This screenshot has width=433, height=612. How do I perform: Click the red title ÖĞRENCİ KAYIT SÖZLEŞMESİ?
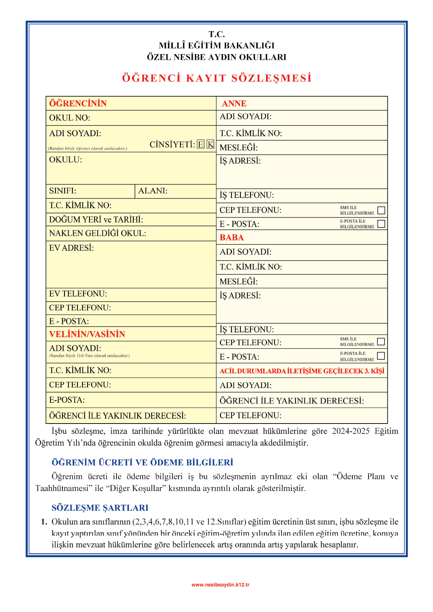click(217, 78)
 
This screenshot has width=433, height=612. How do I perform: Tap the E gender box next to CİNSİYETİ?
click(201, 144)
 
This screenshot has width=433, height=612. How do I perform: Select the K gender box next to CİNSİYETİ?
click(210, 144)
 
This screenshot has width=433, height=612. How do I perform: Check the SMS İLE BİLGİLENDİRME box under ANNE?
click(381, 210)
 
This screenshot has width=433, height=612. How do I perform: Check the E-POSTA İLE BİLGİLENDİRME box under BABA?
click(381, 356)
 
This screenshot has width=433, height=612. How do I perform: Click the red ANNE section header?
click(234, 104)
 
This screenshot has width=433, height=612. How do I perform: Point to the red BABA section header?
click(232, 238)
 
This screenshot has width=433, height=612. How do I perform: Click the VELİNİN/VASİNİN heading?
click(87, 334)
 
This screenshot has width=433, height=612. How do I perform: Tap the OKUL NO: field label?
click(70, 118)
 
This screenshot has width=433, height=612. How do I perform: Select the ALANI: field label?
click(153, 191)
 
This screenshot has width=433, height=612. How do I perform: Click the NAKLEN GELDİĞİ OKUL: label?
click(97, 233)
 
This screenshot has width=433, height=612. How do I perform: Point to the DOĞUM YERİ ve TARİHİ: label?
click(96, 219)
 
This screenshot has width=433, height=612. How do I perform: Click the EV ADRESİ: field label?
click(71, 248)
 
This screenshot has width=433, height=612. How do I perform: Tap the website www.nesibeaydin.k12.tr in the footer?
click(220, 585)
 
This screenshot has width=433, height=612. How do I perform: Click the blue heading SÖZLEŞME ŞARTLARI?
click(100, 508)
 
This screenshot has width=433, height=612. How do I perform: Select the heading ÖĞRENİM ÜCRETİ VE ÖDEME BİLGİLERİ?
click(142, 462)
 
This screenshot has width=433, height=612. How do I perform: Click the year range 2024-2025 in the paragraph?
click(351, 431)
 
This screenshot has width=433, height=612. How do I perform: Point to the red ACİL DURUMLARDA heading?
click(302, 371)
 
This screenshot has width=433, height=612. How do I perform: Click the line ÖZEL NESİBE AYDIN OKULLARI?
click(217, 57)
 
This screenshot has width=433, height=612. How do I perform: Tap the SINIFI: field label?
click(63, 191)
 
